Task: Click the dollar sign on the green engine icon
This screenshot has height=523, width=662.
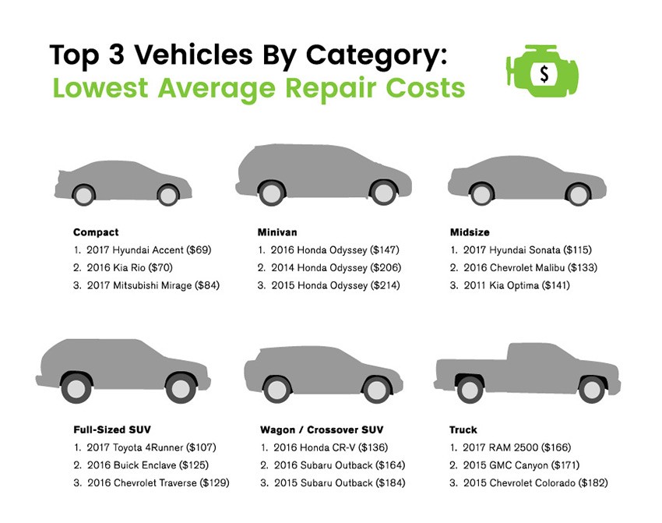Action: pos(544,74)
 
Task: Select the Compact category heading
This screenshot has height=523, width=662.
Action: pos(96,232)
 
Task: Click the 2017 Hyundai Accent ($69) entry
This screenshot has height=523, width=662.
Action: pos(142,250)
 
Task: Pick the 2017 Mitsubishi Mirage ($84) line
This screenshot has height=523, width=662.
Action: pos(146,285)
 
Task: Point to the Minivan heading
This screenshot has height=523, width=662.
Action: pos(277,232)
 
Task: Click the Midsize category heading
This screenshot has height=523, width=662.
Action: pos(469,232)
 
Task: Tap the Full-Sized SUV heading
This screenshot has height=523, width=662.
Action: pos(112,430)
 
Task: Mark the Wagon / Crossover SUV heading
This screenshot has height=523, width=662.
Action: pos(322,430)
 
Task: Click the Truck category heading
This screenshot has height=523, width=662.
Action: pos(463,430)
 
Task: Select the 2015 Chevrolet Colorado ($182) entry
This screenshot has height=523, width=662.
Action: pos(529,483)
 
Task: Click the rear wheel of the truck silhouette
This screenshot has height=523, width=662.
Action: pos(469,389)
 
